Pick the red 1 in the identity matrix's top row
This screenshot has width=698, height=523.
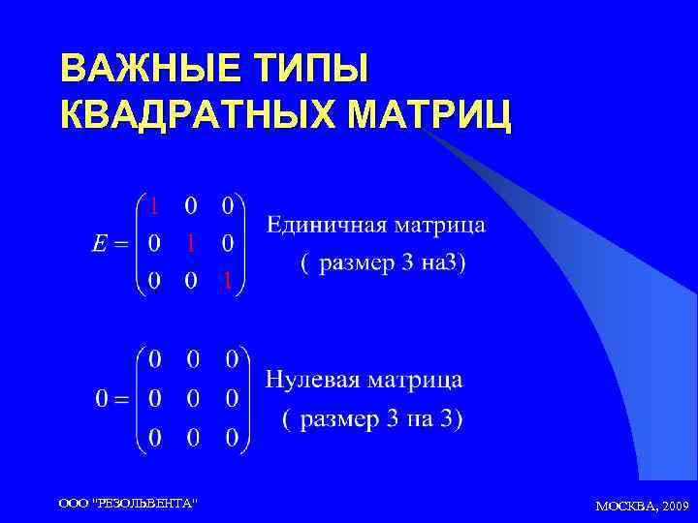[x=153, y=206]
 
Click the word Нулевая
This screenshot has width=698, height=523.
[x=313, y=380]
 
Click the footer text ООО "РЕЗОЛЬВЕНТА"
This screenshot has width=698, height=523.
[x=128, y=504]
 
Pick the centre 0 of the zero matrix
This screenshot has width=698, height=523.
[x=192, y=399]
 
